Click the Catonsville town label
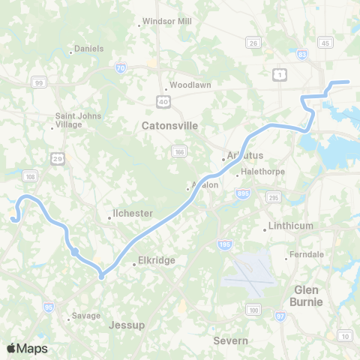[x=169, y=126]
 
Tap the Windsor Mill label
[x=167, y=22]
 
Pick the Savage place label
[x=86, y=316]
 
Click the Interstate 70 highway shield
[x=121, y=69]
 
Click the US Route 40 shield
[x=163, y=100]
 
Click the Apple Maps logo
[x=27, y=348]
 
